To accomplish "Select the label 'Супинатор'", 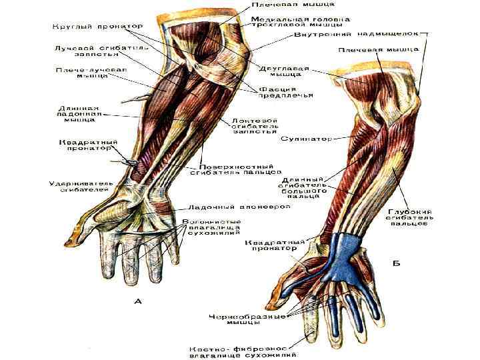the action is [306, 139].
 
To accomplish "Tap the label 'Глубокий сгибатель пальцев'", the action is [407, 217].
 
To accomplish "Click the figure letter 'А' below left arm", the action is [137, 301].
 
